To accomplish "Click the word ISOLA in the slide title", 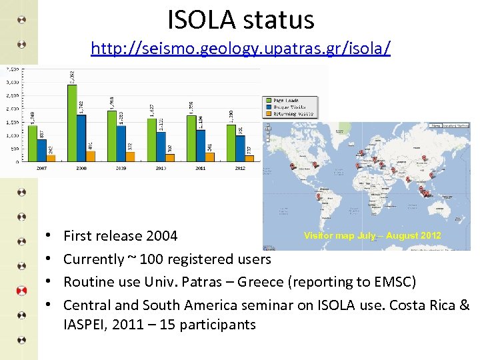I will point(204,19).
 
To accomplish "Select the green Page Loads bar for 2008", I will point(72,123).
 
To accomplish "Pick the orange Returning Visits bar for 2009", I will point(131,157).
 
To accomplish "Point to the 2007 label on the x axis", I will point(41,168).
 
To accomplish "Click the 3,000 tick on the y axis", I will point(11,82).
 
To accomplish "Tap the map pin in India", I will point(394,171).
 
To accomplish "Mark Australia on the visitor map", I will point(440,207).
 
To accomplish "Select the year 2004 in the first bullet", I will point(163,236).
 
